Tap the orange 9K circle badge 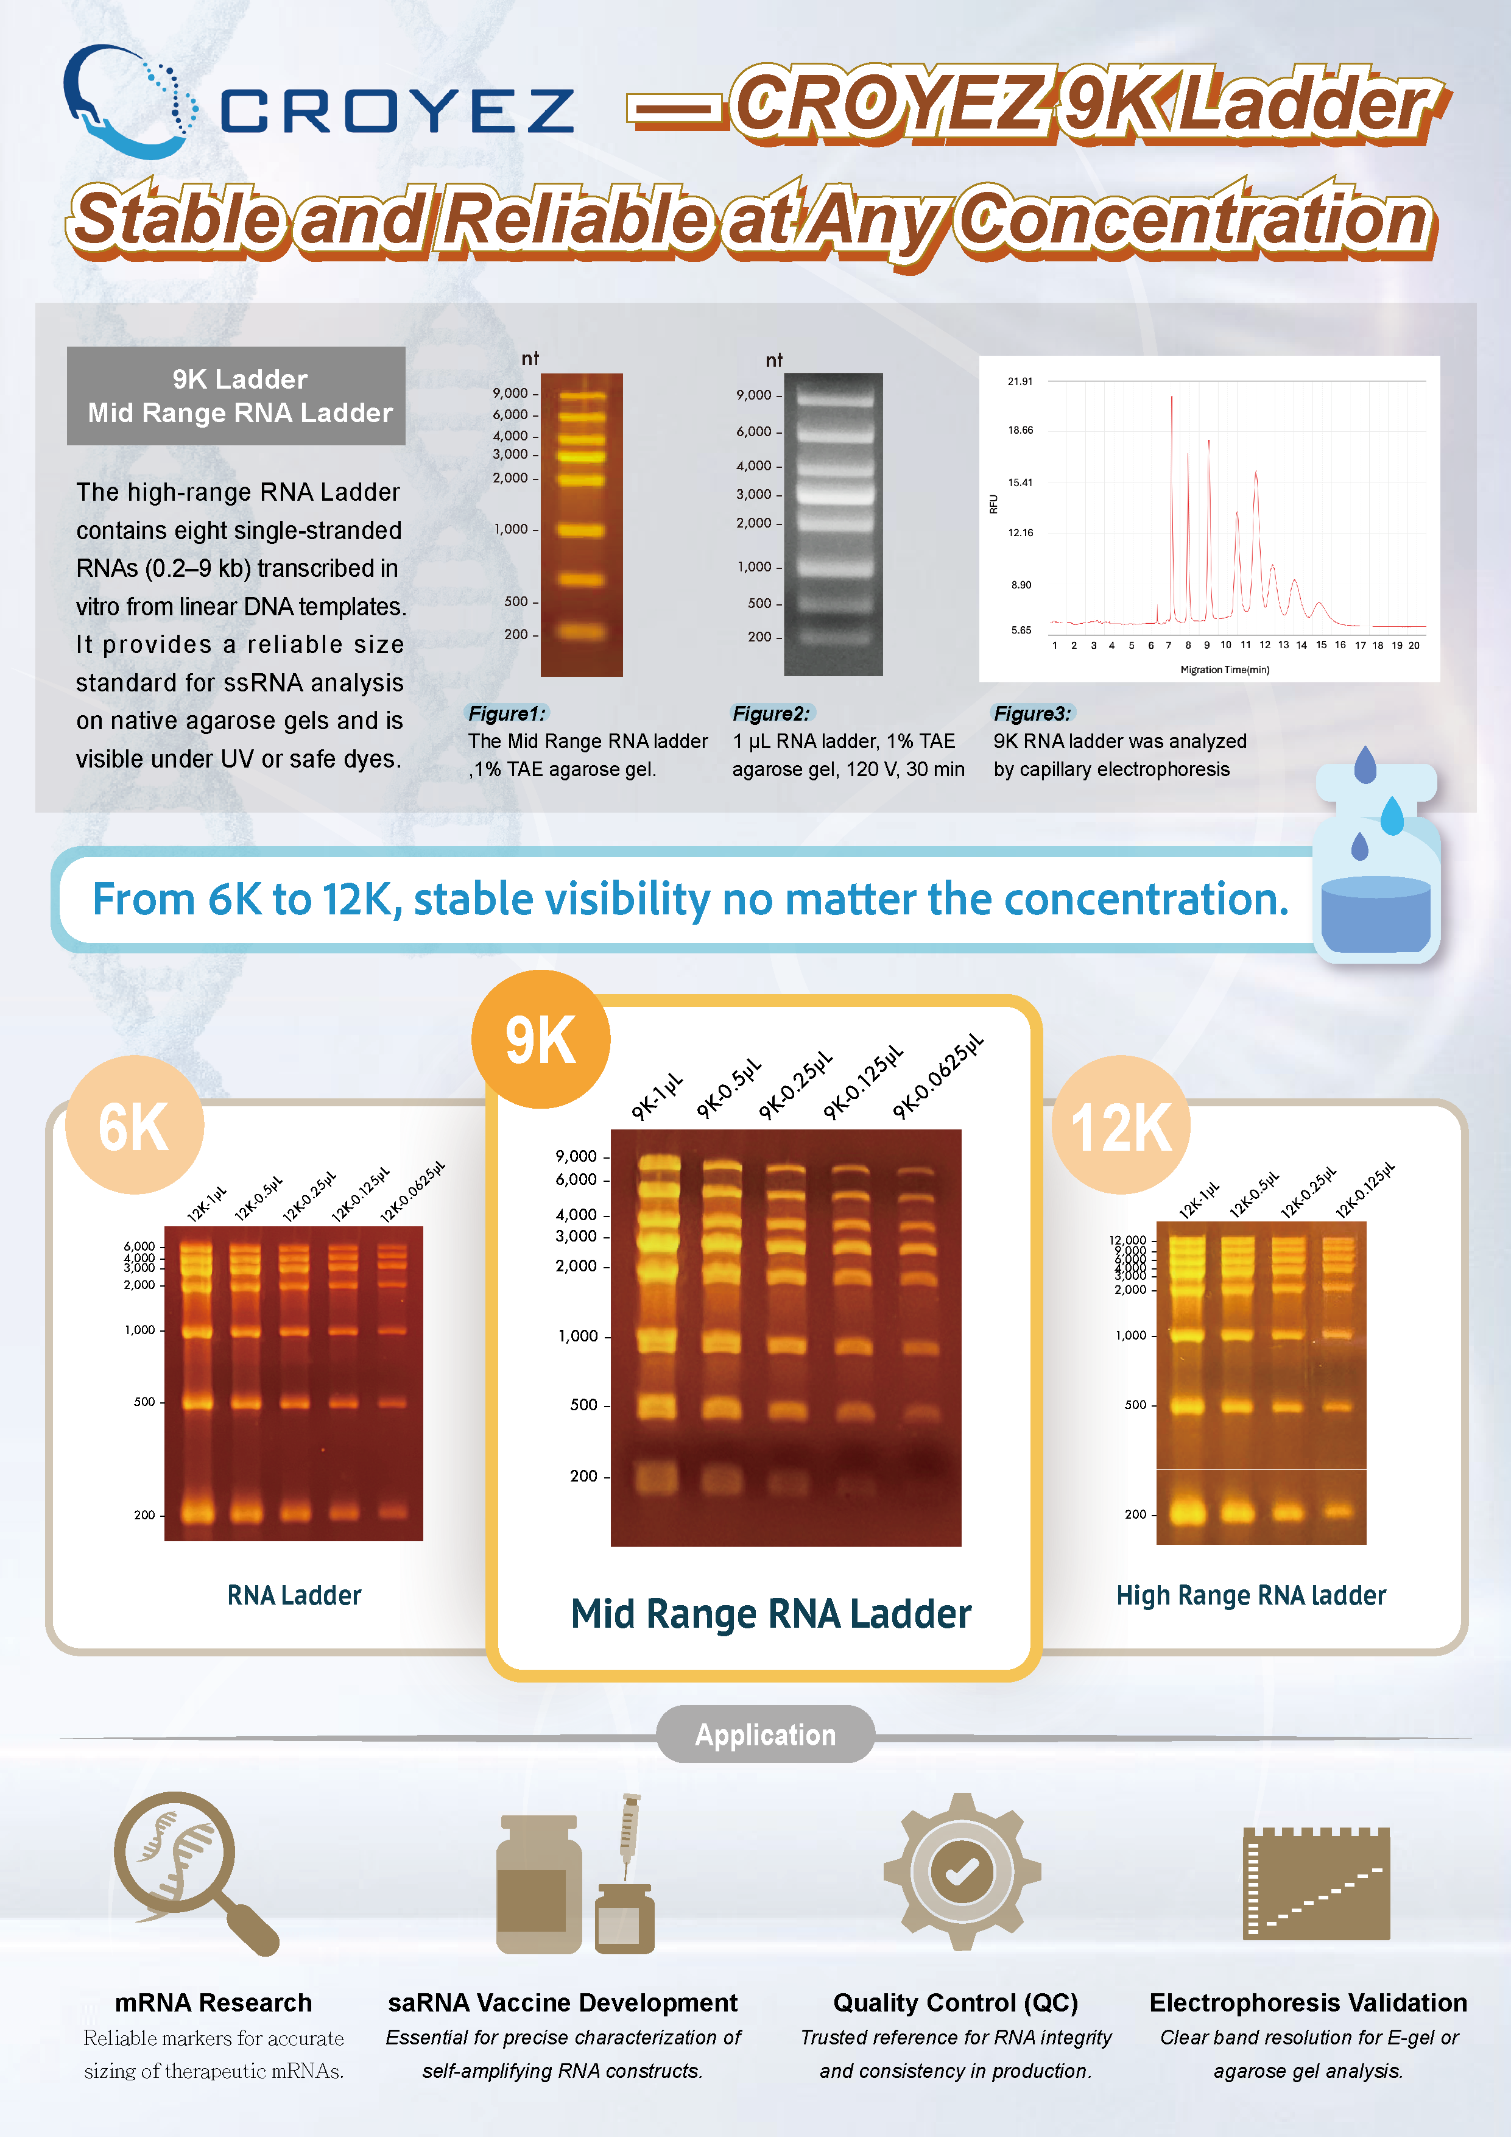pos(541,1040)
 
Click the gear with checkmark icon pos(962,1871)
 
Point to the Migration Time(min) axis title pos(1224,669)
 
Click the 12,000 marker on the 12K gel pos(1128,1240)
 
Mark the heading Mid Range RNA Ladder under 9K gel pos(770,1614)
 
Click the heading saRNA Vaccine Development pos(563,2002)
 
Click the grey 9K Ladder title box pos(236,395)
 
